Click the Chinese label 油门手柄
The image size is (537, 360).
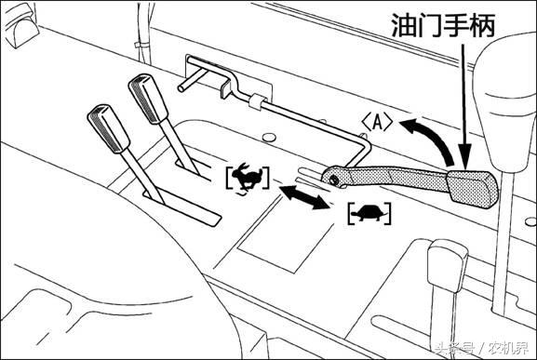[443, 25]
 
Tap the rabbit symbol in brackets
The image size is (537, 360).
[248, 178]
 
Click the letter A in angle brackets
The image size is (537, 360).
[377, 123]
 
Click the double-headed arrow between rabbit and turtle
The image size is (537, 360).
[304, 197]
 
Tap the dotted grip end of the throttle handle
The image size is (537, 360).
[472, 189]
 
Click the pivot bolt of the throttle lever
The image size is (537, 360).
[332, 180]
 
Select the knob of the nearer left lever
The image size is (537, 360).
[108, 128]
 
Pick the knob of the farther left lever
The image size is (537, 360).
[148, 99]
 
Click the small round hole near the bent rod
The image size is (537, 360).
[269, 138]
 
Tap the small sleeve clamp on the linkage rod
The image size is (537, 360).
[257, 101]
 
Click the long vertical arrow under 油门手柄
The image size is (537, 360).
[464, 106]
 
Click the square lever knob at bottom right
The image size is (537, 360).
[448, 264]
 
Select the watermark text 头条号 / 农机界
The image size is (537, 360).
[481, 348]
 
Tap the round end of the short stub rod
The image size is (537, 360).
[181, 88]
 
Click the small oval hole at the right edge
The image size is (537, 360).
[530, 221]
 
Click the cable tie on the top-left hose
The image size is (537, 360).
[139, 45]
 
